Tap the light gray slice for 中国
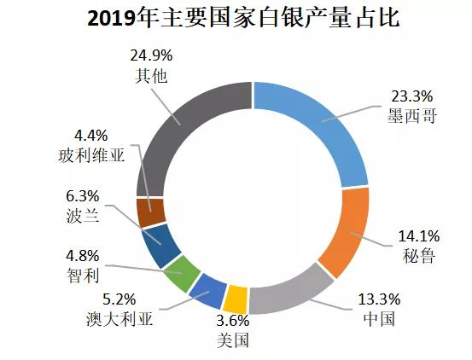(290, 289)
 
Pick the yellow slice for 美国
(236, 299)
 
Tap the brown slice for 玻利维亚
(150, 212)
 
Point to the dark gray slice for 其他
(184, 128)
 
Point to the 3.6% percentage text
(231, 322)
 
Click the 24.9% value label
(151, 55)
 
